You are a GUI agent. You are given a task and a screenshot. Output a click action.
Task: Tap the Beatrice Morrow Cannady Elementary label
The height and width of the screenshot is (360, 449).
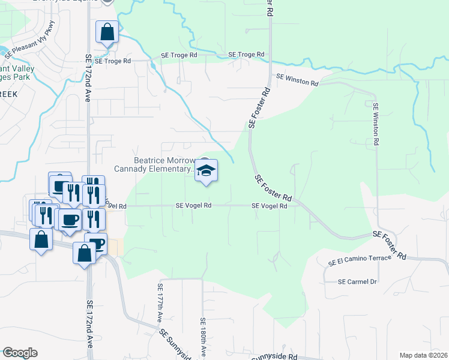click(x=163, y=165)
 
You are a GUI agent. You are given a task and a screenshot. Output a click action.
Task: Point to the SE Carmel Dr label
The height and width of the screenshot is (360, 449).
click(x=357, y=281)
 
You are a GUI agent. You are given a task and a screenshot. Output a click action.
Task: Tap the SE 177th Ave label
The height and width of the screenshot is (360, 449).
click(x=160, y=302)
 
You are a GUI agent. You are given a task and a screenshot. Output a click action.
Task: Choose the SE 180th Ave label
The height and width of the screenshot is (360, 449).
click(x=203, y=338)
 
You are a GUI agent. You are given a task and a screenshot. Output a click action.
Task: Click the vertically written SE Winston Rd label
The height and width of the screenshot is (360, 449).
click(x=376, y=124)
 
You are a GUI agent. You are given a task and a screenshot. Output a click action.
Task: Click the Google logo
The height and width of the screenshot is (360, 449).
click(x=19, y=353)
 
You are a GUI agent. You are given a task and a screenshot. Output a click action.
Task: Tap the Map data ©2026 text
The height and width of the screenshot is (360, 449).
click(x=424, y=355)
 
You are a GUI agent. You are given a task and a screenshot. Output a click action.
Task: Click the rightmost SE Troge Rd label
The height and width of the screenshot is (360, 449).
click(x=246, y=55)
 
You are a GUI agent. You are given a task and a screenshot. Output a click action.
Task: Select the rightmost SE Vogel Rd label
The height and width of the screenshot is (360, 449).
click(x=269, y=205)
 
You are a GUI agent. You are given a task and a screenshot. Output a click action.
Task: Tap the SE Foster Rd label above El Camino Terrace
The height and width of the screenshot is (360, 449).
click(x=389, y=245)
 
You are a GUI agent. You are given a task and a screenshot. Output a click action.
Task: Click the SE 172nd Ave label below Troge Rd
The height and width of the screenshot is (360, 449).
click(x=88, y=78)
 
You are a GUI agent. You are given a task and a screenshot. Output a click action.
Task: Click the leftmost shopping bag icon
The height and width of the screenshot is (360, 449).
click(x=40, y=241)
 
